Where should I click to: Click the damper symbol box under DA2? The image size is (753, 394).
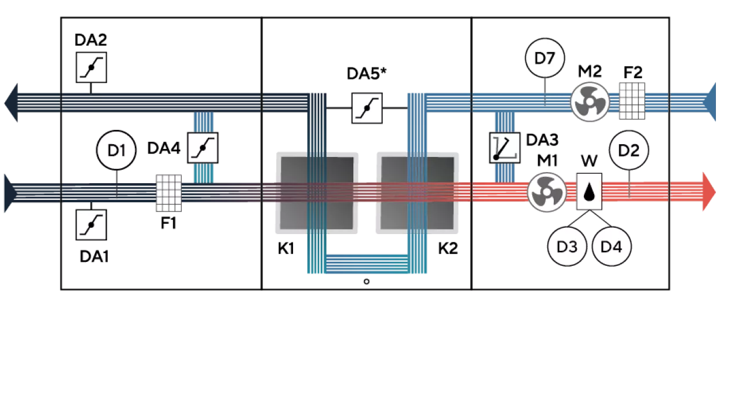coord(92,67)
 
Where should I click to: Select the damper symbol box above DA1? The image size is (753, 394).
coord(92,225)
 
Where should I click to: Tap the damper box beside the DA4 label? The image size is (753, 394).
coord(203,148)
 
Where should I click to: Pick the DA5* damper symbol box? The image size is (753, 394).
coord(367,108)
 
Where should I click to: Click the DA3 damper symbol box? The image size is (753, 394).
coord(505,148)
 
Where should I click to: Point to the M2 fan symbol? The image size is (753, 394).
coord(590,101)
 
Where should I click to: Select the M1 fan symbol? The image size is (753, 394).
coord(547,192)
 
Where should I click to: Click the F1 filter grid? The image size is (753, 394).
coord(169,193)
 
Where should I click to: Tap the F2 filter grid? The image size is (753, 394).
coord(632,101)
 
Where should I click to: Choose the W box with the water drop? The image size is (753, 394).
coord(589,192)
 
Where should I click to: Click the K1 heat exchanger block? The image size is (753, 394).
coord(317,193)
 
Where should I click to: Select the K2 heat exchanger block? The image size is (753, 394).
coord(417,193)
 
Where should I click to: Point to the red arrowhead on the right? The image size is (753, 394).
coord(710,192)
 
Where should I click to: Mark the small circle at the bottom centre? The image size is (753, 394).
coord(367,282)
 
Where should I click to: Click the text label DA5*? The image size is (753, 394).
coord(367,73)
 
